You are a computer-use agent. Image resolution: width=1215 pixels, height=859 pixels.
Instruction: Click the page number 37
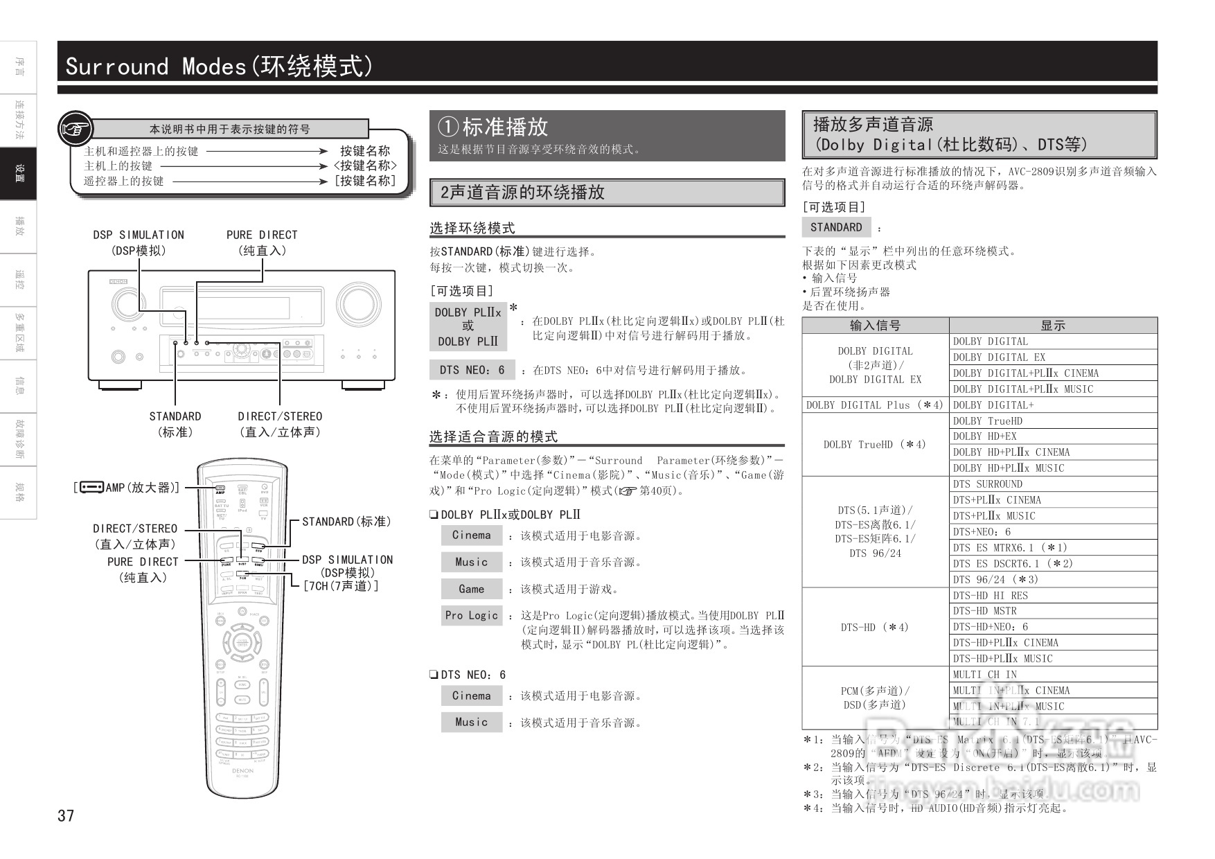pyautogui.click(x=66, y=815)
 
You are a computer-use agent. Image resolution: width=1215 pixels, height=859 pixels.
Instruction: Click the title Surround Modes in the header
pyautogui.click(x=155, y=67)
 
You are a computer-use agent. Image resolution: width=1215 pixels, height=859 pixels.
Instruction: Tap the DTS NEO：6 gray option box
pyautogui.click(x=472, y=370)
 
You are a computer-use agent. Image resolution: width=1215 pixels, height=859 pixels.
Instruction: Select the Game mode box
pyautogui.click(x=471, y=589)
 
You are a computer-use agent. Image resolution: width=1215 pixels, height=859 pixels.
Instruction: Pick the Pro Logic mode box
pyautogui.click(x=471, y=615)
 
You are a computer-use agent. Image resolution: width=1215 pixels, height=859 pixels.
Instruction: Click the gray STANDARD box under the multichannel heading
pyautogui.click(x=836, y=227)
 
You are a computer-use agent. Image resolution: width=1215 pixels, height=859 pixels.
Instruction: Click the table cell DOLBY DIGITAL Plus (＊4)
pyautogui.click(x=875, y=405)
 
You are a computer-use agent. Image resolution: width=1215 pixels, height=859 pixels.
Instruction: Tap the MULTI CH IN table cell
pyautogui.click(x=984, y=675)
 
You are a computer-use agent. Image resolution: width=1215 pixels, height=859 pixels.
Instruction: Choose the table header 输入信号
pyautogui.click(x=875, y=326)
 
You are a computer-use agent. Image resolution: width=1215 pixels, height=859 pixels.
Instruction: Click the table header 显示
pyautogui.click(x=1052, y=326)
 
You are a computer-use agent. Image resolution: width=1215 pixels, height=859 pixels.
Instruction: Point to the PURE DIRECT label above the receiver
pyautogui.click(x=262, y=236)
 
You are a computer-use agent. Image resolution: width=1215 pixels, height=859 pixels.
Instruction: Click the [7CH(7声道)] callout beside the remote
pyautogui.click(x=340, y=586)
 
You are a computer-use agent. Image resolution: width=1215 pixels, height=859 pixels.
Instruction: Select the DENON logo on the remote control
pyautogui.click(x=242, y=770)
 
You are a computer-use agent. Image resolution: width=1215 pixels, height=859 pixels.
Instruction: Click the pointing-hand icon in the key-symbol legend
pyautogui.click(x=75, y=129)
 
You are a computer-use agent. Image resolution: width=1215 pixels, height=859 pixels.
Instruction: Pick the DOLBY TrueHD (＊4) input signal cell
pyautogui.click(x=875, y=445)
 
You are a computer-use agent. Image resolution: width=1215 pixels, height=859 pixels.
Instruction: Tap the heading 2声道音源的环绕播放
pyautogui.click(x=523, y=193)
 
